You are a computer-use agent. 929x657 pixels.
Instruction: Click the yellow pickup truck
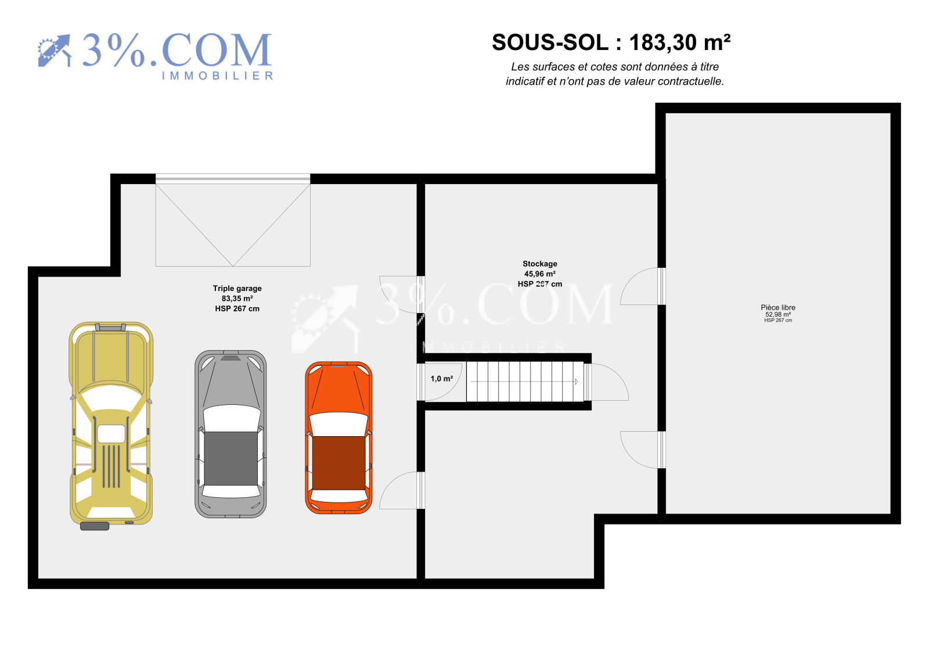111,426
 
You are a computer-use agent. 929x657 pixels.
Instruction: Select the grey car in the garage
231,434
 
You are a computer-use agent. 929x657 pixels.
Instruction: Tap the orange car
339,438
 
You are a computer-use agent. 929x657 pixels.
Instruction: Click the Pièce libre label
778,307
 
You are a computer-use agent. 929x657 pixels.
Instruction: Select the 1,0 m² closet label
442,379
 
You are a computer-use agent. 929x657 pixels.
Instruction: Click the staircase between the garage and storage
525,382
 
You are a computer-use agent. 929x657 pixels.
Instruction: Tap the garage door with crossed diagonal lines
233,220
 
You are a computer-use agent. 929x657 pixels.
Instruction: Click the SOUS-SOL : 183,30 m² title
611,42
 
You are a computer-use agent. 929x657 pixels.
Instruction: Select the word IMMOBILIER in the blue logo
217,76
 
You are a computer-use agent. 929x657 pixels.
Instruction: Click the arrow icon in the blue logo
55,51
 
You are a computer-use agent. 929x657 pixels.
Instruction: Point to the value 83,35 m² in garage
237,299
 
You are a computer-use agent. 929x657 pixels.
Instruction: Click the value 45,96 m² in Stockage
540,274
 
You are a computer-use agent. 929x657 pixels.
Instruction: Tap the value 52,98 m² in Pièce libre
778,315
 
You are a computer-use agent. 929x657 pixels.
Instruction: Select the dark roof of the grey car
231,458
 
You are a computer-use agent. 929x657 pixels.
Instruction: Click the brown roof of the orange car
339,463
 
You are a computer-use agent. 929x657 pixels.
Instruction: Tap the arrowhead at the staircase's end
577,382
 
